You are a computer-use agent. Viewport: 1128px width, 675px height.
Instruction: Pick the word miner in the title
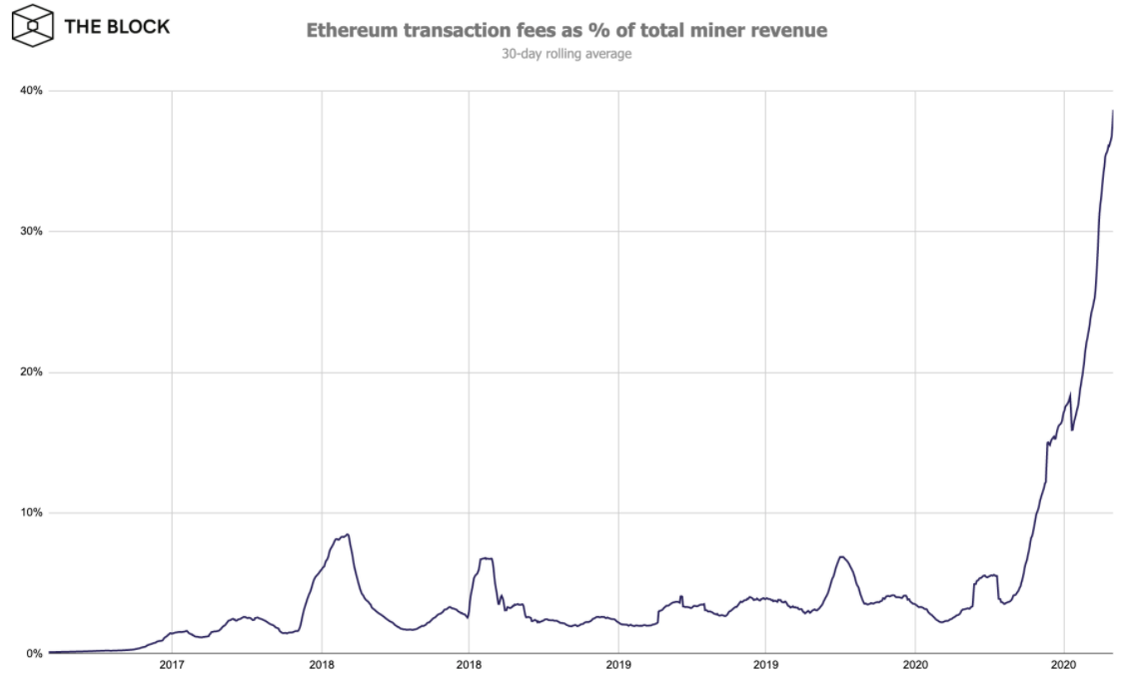coord(706,31)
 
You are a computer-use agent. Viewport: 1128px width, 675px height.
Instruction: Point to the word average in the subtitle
coord(609,54)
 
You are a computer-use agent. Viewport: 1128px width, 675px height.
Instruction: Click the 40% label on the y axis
coord(31,91)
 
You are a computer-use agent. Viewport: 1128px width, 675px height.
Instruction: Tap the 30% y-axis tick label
coord(31,232)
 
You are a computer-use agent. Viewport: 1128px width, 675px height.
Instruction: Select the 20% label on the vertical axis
coord(31,372)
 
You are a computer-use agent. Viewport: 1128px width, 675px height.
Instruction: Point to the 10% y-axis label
coord(31,513)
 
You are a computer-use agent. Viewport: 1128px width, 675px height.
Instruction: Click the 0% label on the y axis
coord(34,654)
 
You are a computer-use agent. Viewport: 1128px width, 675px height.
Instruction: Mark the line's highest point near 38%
coord(1113,111)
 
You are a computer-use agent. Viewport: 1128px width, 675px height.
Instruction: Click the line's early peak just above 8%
coord(347,534)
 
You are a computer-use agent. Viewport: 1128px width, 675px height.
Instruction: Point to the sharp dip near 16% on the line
coord(1072,430)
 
